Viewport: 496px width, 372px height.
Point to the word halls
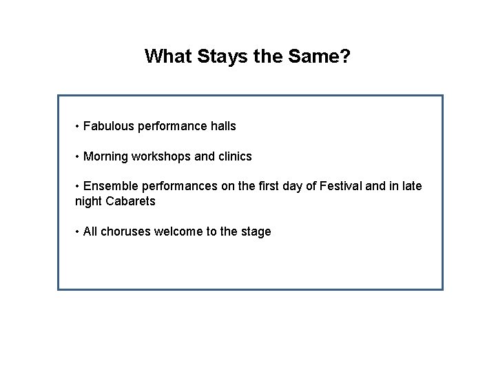point(222,126)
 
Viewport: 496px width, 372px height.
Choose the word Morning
point(105,156)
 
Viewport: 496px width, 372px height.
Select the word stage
point(256,232)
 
